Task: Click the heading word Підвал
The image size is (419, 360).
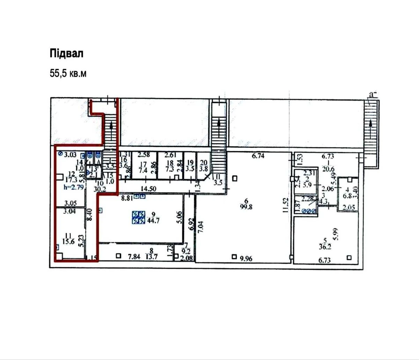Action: click(x=67, y=54)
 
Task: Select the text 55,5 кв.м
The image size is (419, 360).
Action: click(x=68, y=74)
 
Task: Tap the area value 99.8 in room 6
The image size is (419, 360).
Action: click(x=248, y=206)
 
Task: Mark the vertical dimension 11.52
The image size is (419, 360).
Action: click(x=286, y=205)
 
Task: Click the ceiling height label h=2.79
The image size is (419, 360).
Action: click(x=72, y=187)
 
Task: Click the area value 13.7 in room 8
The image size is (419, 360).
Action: click(x=152, y=256)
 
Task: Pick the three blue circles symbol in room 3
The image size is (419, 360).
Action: click(x=309, y=211)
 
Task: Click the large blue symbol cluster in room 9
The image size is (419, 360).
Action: click(x=139, y=217)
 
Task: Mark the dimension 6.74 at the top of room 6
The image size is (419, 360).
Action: click(x=258, y=156)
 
